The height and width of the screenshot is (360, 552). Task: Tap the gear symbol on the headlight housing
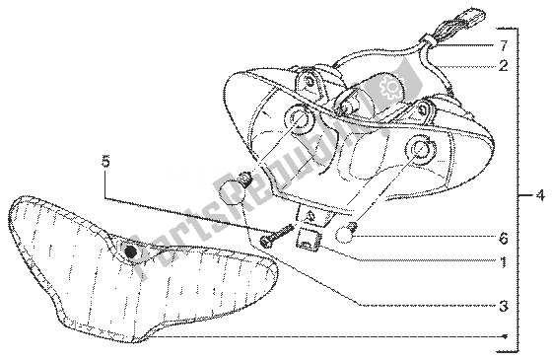coord(388,88)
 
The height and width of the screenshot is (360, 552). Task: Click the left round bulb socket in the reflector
coord(297,119)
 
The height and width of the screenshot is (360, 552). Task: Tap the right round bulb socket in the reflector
coord(421,149)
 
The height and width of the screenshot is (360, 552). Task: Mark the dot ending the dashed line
coord(506,335)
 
